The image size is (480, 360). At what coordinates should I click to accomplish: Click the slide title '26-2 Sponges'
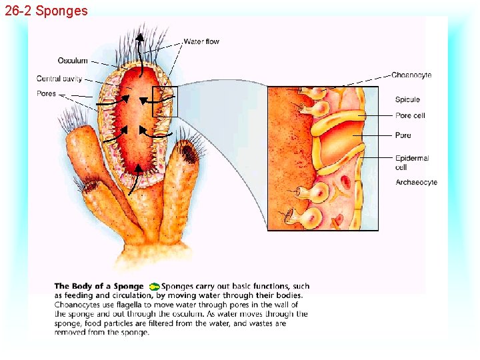pos(45,11)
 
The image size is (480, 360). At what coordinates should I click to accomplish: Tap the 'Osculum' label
pos(73,61)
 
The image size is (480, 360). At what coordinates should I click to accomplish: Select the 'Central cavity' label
pos(59,79)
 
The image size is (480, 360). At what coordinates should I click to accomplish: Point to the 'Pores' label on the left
pos(47,93)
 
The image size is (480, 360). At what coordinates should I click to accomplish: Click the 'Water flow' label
pos(201,41)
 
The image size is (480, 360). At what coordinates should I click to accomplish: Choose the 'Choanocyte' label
pos(411,75)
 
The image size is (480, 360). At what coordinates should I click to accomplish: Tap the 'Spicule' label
pos(407,100)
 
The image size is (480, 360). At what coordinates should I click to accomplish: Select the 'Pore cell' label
pos(410,116)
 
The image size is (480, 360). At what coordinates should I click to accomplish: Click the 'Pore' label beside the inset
pos(403,135)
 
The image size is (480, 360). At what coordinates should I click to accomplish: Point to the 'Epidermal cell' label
pos(411,163)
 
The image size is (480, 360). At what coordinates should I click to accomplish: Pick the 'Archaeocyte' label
pos(416,182)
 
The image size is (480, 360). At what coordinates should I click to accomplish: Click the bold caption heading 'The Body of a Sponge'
pos(99,287)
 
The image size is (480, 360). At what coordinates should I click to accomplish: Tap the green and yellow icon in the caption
pos(155,287)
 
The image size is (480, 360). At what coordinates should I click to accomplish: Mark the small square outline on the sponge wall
pos(165,102)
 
